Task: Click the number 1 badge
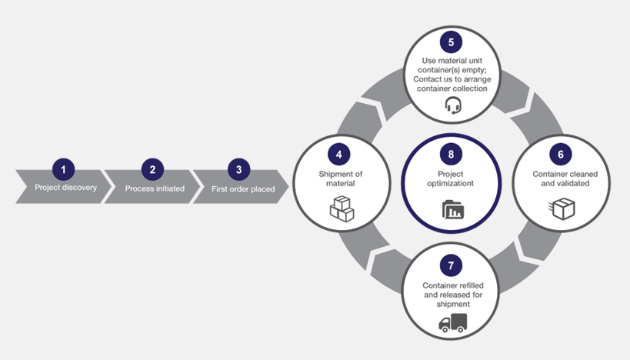click(x=64, y=170)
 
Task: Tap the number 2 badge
click(x=152, y=170)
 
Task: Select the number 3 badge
click(x=239, y=170)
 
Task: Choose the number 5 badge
click(x=452, y=42)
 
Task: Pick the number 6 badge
click(x=561, y=155)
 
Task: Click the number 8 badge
click(x=452, y=155)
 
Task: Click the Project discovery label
click(x=65, y=188)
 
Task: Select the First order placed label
click(x=243, y=189)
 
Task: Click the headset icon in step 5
click(x=453, y=105)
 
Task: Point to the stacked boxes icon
click(x=342, y=208)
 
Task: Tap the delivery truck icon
click(x=452, y=323)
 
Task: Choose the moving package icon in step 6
click(x=562, y=208)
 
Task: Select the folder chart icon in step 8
click(x=452, y=209)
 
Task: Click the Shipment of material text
click(x=341, y=178)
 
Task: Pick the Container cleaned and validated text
click(x=561, y=178)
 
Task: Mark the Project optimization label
click(x=452, y=178)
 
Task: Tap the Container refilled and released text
click(x=452, y=295)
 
